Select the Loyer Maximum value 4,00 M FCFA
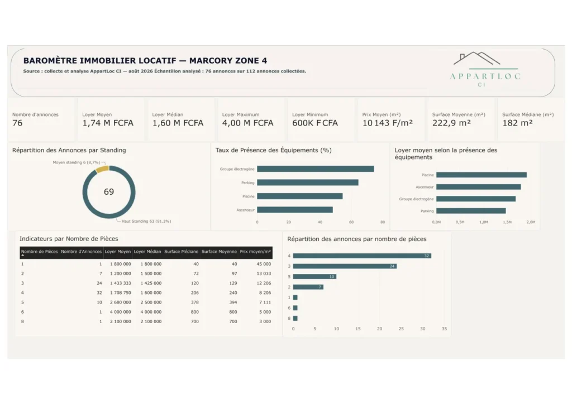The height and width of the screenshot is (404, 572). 247,123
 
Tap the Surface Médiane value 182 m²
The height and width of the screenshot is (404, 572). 517,123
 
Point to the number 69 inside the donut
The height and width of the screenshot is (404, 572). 109,191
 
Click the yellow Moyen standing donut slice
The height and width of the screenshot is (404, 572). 103,169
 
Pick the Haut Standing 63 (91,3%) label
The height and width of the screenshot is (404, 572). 146,221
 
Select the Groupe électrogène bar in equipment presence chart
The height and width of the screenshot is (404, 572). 316,169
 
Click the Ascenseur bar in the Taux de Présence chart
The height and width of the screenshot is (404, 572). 295,210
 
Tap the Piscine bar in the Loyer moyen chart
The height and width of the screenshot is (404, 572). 482,175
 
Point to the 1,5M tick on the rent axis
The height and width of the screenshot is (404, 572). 507,222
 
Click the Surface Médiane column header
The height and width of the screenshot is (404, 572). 182,251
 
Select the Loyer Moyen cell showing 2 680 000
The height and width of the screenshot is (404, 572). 121,302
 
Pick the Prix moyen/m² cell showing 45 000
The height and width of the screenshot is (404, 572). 264,264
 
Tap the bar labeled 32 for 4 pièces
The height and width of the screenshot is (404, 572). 362,256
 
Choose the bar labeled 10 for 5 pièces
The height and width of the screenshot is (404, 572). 314,277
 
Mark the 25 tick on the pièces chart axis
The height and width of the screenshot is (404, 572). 401,329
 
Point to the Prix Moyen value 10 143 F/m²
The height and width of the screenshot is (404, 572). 388,123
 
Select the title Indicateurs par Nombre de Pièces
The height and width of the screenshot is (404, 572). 69,239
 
